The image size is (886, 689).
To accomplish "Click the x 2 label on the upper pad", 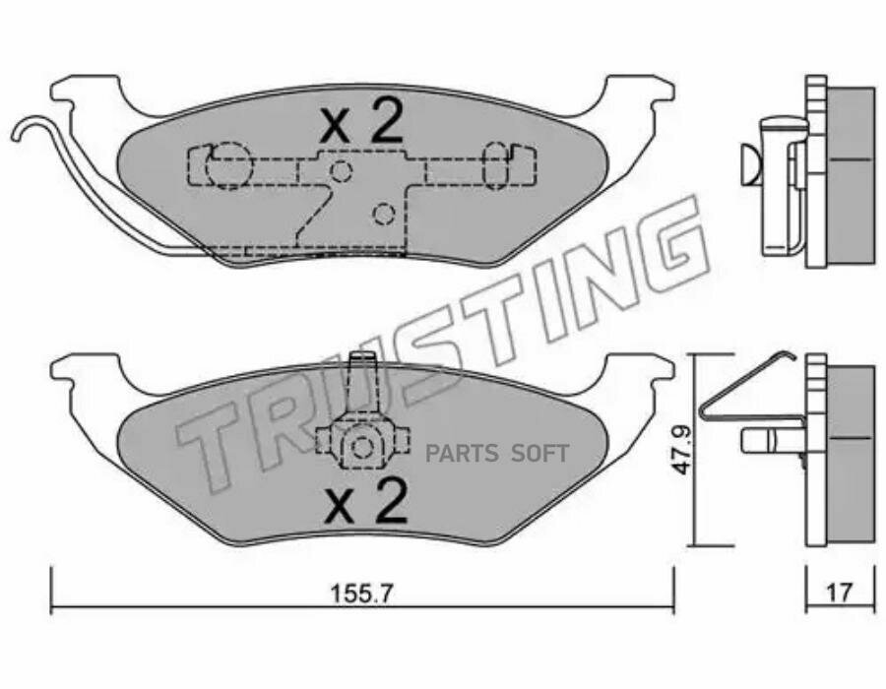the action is point(361,120).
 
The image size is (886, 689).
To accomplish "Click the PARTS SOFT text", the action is point(497,453).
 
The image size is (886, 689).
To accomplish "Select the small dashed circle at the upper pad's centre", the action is point(342,170).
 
